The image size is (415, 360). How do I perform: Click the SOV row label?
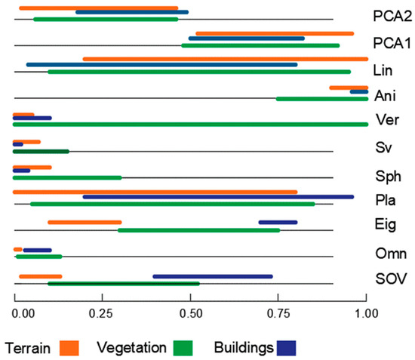click(x=389, y=280)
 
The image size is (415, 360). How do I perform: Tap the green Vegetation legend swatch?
click(x=183, y=347)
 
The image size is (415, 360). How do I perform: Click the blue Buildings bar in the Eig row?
click(x=278, y=222)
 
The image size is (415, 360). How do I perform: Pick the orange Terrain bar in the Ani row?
click(x=348, y=88)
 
